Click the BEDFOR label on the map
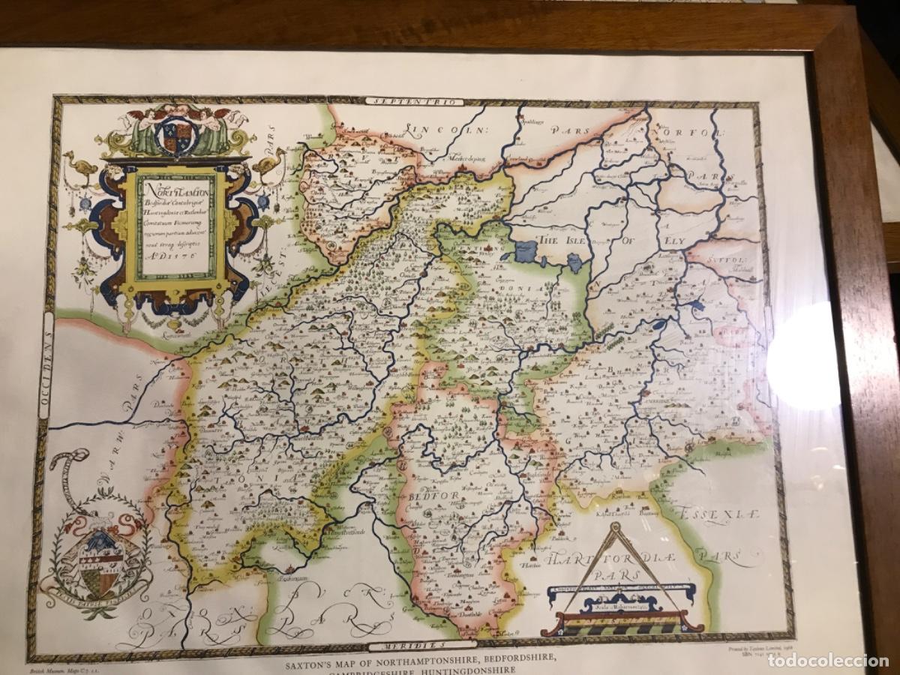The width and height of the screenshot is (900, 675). pyautogui.click(x=427, y=498)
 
